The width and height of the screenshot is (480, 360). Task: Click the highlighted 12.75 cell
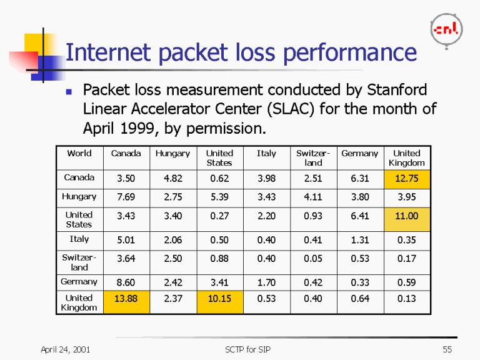point(406,178)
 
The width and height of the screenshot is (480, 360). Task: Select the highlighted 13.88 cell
point(126,299)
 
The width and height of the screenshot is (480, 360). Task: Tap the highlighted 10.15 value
point(219,299)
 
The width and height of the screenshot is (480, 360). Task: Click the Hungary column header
point(172,154)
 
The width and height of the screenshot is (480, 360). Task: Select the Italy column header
point(266,154)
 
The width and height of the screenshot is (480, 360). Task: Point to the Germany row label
point(79,282)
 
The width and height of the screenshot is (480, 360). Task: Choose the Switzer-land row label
point(79,262)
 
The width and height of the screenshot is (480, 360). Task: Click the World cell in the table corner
point(79,154)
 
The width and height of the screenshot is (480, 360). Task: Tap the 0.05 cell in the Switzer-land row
point(312,258)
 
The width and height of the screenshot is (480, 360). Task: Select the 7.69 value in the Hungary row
point(126,197)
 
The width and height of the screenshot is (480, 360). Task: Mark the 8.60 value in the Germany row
point(126,282)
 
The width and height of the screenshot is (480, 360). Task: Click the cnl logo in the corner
point(446,29)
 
